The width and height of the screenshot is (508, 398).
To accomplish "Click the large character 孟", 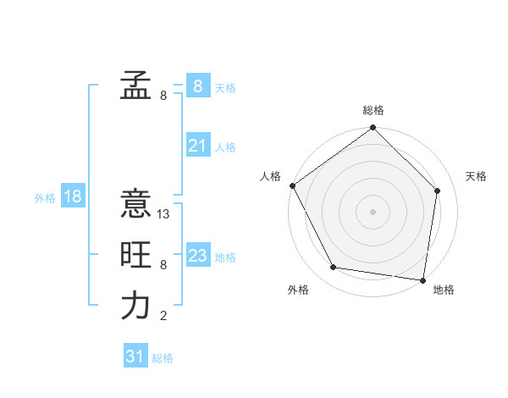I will (x=135, y=85).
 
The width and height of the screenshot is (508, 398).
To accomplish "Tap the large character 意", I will (x=135, y=204).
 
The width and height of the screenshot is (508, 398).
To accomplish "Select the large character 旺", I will (x=135, y=255).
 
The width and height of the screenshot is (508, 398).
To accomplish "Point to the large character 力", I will (x=135, y=306).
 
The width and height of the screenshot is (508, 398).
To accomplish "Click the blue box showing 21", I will (x=197, y=146).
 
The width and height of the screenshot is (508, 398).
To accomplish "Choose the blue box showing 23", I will (x=197, y=256).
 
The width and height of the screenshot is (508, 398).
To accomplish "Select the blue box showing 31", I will (x=135, y=357).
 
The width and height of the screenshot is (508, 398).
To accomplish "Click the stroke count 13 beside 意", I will (x=164, y=214).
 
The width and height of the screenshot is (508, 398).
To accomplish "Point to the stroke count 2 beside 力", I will (x=163, y=317).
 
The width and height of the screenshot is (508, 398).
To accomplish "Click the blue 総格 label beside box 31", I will (x=163, y=358).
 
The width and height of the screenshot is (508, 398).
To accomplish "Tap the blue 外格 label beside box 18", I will (x=45, y=198).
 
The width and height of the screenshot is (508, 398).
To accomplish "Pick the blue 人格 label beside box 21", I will (x=225, y=147).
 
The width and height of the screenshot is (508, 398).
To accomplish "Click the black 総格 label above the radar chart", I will (x=373, y=110).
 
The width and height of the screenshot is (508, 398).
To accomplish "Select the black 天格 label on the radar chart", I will (x=477, y=176).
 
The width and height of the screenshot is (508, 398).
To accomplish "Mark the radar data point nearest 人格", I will (x=293, y=185).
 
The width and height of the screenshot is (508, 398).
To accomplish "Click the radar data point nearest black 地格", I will (x=422, y=279).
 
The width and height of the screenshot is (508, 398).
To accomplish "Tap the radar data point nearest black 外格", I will (x=334, y=268).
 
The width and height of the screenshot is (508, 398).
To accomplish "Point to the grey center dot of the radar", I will (x=373, y=211).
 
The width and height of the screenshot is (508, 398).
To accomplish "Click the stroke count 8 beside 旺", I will (x=163, y=265).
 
